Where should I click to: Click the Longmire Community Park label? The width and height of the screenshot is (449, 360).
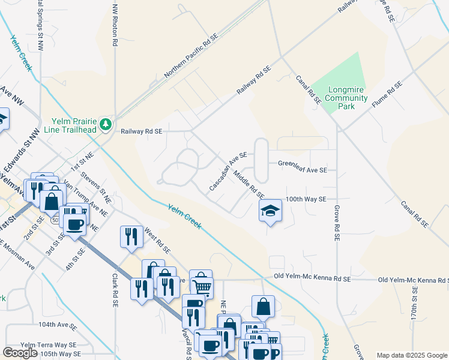click(x=346, y=98)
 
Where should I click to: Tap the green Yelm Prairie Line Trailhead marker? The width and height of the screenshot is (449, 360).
click(x=106, y=124)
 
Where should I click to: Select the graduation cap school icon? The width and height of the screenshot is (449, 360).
click(x=270, y=211)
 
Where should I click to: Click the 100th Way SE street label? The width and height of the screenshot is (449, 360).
click(x=306, y=199)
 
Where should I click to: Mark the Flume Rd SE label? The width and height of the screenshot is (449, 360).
click(x=386, y=95)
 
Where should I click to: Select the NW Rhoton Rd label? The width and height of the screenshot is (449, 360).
click(x=114, y=26)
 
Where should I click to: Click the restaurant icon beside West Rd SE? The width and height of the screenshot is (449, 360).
click(x=131, y=236)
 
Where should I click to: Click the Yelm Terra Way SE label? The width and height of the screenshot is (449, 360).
click(x=49, y=345)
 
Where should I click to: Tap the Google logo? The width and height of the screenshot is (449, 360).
click(x=20, y=353)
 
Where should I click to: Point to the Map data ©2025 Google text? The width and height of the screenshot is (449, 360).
click(x=411, y=355)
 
